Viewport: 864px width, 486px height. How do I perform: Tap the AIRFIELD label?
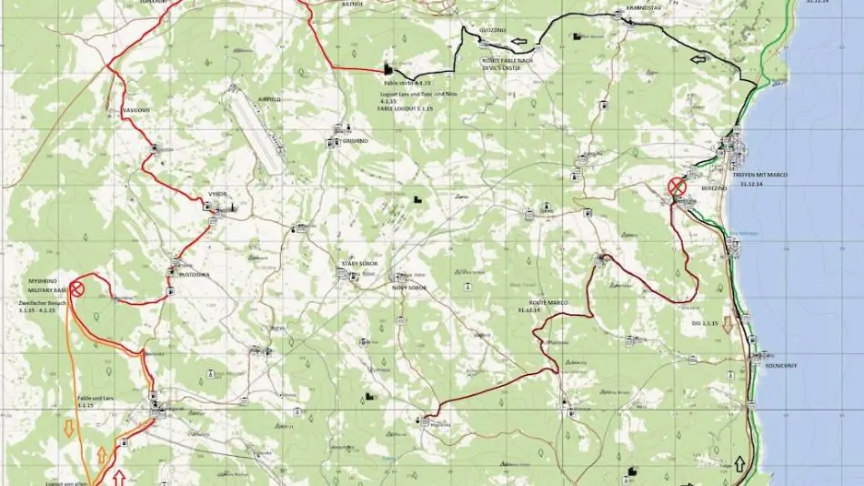pyautogui.click(x=269, y=98)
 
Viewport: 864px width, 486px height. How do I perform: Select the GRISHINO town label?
pyautogui.click(x=355, y=142)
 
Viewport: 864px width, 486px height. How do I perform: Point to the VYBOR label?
pyautogui.click(x=216, y=195)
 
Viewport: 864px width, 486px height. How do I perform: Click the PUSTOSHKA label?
pyautogui.click(x=195, y=272)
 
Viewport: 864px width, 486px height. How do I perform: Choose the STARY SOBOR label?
pyautogui.click(x=359, y=263)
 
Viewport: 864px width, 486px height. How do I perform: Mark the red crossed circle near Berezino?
pyautogui.click(x=677, y=187)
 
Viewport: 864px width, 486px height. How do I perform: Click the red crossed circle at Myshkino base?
pyautogui.click(x=77, y=289)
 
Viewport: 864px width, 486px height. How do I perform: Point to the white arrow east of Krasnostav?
pyautogui.click(x=698, y=59)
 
